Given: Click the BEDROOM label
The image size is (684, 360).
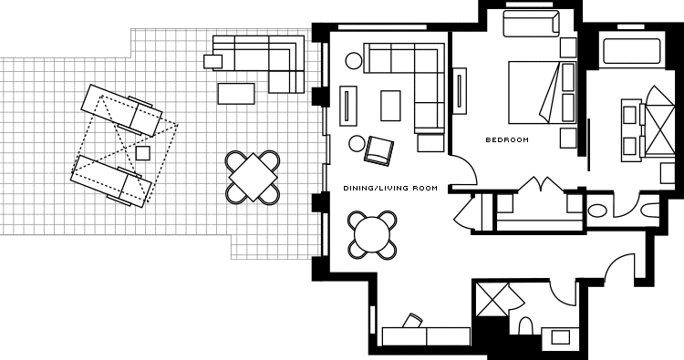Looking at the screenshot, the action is pyautogui.click(x=507, y=140).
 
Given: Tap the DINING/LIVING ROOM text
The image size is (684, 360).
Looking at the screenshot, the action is pyautogui.click(x=390, y=189).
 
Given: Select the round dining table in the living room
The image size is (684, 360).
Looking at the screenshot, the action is pyautogui.click(x=372, y=235).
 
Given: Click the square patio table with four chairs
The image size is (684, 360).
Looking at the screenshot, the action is pyautogui.click(x=253, y=178).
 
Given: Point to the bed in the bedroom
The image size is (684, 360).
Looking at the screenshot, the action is pyautogui.click(x=543, y=92).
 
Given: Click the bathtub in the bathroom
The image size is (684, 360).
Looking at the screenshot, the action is pyautogui.click(x=632, y=51).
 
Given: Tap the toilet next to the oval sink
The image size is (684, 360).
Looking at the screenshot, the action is pyautogui.click(x=651, y=211).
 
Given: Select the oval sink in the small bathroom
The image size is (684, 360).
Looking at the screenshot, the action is pyautogui.click(x=597, y=211).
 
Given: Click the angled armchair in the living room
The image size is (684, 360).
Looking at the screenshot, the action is pyautogui.click(x=378, y=150).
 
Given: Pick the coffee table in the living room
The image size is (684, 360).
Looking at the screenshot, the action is pyautogui.click(x=390, y=106).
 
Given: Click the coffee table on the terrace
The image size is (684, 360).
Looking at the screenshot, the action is pyautogui.click(x=236, y=94).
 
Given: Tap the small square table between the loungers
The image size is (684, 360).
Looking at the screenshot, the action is pyautogui.click(x=142, y=153).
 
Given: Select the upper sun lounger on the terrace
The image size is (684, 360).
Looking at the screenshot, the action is pyautogui.click(x=121, y=110).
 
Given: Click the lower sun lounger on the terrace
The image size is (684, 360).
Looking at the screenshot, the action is pyautogui.click(x=110, y=181).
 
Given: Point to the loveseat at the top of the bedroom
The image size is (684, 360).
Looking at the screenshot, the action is pyautogui.click(x=531, y=23).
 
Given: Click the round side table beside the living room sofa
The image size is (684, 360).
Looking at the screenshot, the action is pyautogui.click(x=354, y=60).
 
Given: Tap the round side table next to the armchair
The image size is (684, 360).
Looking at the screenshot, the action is pyautogui.click(x=357, y=143).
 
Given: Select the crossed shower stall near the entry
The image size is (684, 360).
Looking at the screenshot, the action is pyautogui.click(x=492, y=299).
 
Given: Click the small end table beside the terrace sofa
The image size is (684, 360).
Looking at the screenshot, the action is pyautogui.click(x=212, y=61).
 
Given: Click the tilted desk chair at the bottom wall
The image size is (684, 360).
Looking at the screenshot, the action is pyautogui.click(x=412, y=320).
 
